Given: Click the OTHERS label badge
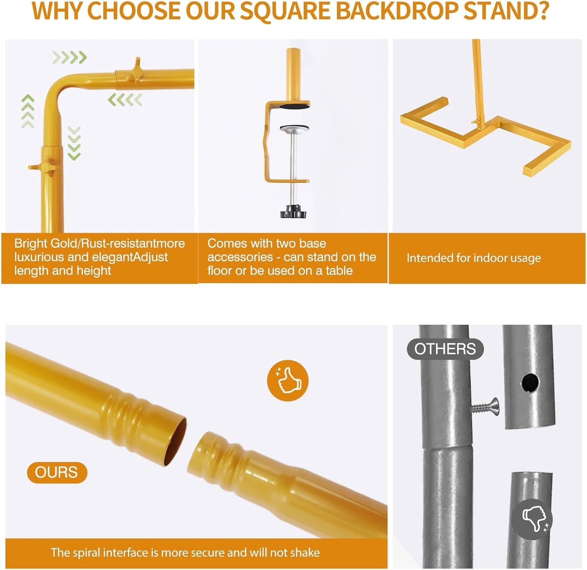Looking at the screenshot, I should click(x=445, y=349).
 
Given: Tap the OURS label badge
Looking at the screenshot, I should click(x=57, y=472).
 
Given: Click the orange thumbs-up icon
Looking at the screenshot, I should click(x=288, y=381).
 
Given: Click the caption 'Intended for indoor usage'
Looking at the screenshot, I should click(x=474, y=258).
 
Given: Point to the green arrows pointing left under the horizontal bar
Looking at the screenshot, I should click(x=125, y=100).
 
